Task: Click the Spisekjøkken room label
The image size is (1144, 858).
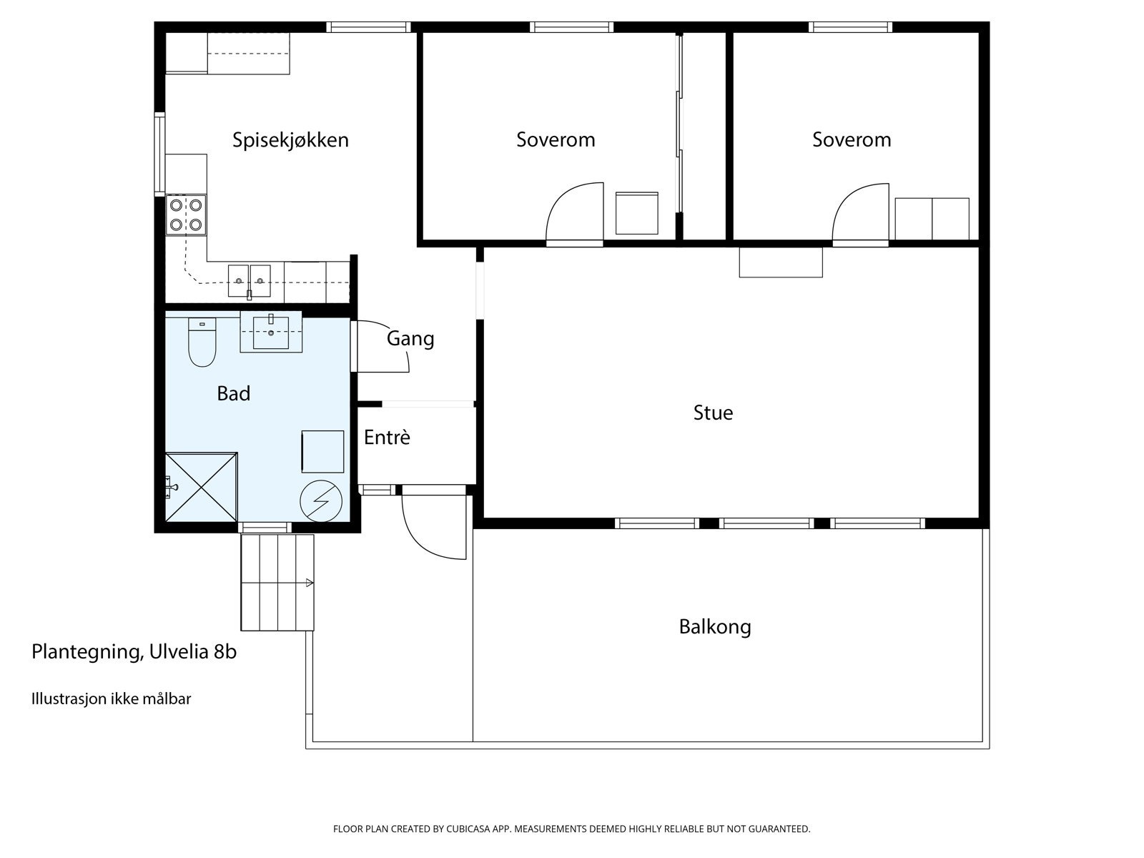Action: (290, 139)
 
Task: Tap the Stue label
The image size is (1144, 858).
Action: (713, 413)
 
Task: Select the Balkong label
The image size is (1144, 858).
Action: (714, 627)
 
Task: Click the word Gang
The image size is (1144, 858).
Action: (410, 338)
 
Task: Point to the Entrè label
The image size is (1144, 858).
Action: (387, 437)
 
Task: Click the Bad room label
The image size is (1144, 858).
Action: (234, 393)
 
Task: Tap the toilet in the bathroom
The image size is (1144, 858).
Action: (202, 342)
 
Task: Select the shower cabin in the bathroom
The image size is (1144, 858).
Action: (202, 487)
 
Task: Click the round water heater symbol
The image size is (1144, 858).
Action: (321, 500)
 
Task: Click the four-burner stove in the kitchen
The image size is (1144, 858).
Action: (185, 214)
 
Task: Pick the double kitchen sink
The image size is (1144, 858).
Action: (250, 280)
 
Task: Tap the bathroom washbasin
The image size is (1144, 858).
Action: (271, 332)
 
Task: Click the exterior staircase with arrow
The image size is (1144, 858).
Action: (277, 582)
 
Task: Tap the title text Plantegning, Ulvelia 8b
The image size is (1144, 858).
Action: (134, 651)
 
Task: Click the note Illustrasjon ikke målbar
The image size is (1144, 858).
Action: (111, 699)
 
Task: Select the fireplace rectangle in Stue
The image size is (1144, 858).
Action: (780, 262)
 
